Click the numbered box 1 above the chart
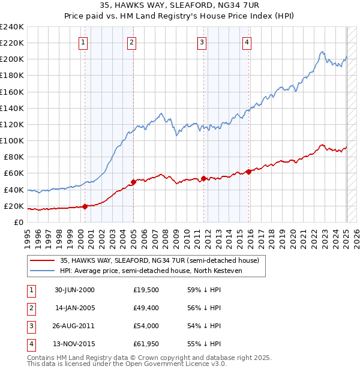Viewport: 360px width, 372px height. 82,42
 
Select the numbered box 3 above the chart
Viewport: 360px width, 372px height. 202,42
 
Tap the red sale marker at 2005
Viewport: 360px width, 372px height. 133,182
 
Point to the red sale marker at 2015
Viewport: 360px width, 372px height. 248,172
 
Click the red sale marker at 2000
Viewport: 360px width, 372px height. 85,206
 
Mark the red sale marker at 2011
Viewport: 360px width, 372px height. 203,178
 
